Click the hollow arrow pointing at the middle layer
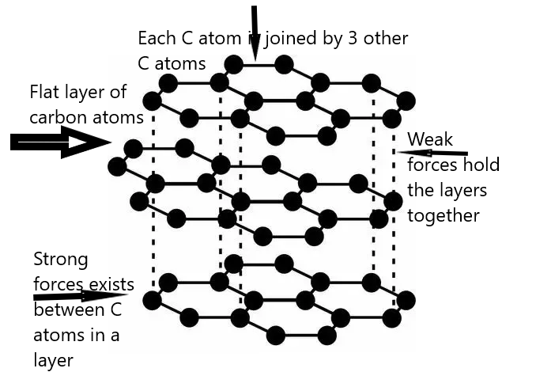coord(59,142)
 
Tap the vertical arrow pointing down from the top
coord(255,32)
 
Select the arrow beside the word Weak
coord(432,153)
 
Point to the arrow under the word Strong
coord(79,297)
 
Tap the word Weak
coord(430,140)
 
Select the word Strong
coord(60,260)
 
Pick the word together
coord(444,216)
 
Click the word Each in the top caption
coord(155,38)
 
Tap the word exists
coord(110,284)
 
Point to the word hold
coord(481,165)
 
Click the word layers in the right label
coord(462,191)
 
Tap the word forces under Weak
coord(430,165)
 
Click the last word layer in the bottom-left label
coord(53,361)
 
